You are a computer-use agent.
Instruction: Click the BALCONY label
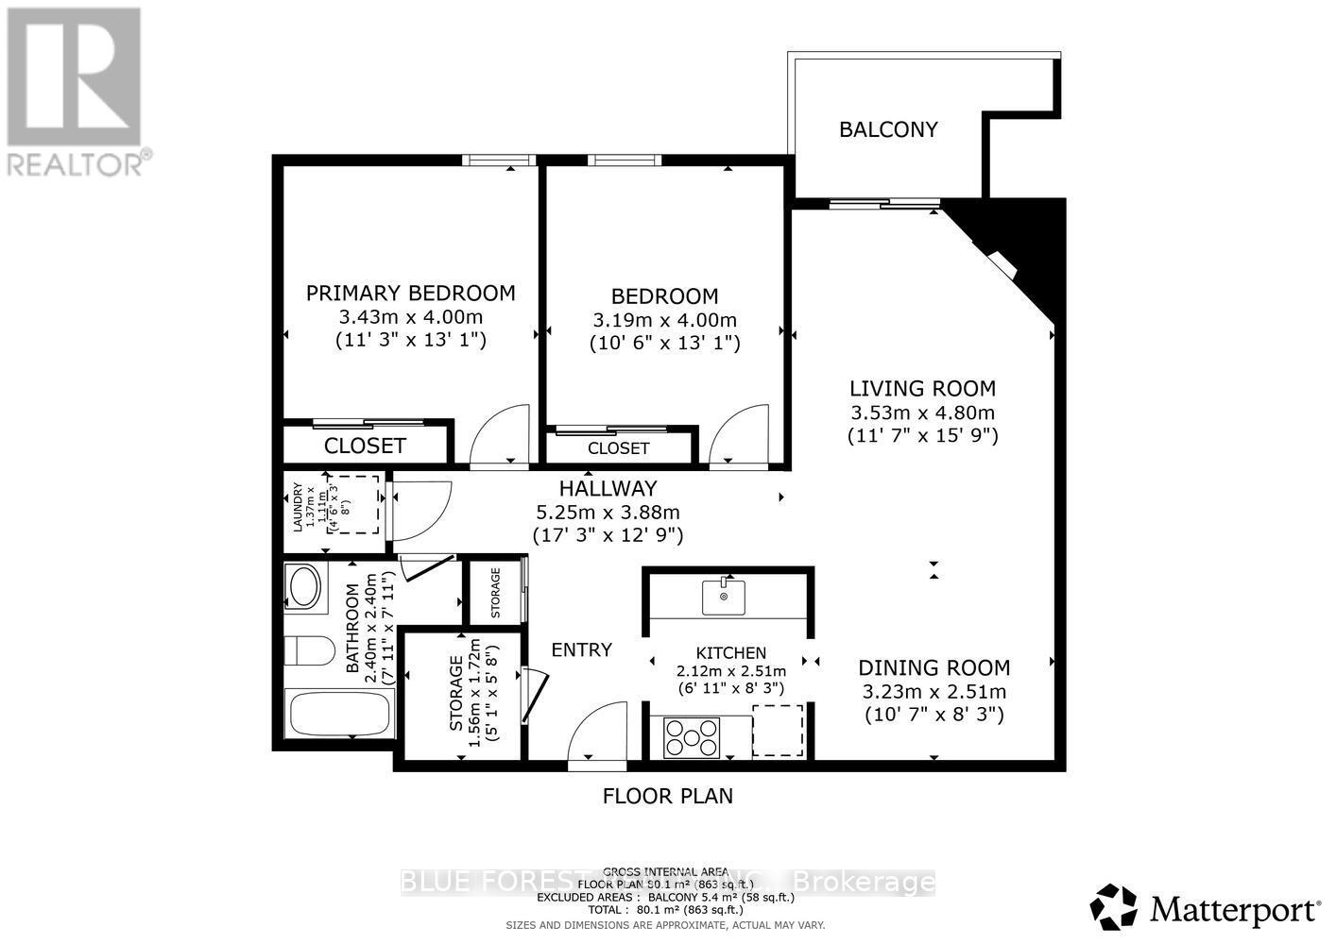[x=888, y=129]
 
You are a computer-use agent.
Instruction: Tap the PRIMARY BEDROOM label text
[x=410, y=293]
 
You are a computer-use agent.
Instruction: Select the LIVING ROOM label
[x=922, y=388]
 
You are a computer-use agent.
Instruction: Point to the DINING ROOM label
[x=933, y=667]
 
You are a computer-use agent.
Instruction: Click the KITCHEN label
[x=730, y=652]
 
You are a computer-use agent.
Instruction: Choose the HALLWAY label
[x=608, y=488]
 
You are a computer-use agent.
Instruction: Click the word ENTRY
[x=581, y=649]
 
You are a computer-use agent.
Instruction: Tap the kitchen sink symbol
[x=724, y=597]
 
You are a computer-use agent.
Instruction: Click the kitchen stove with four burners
[x=692, y=737]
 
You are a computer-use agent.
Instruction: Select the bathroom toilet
[x=310, y=651]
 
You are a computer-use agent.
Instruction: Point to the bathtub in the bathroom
[x=339, y=714]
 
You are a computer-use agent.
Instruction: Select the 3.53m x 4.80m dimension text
[x=922, y=413]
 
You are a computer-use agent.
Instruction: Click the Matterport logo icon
[x=1114, y=907]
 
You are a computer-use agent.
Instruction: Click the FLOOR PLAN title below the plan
[x=667, y=796]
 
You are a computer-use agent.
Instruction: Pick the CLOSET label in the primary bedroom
[x=365, y=446]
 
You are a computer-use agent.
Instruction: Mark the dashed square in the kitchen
[x=778, y=730]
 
